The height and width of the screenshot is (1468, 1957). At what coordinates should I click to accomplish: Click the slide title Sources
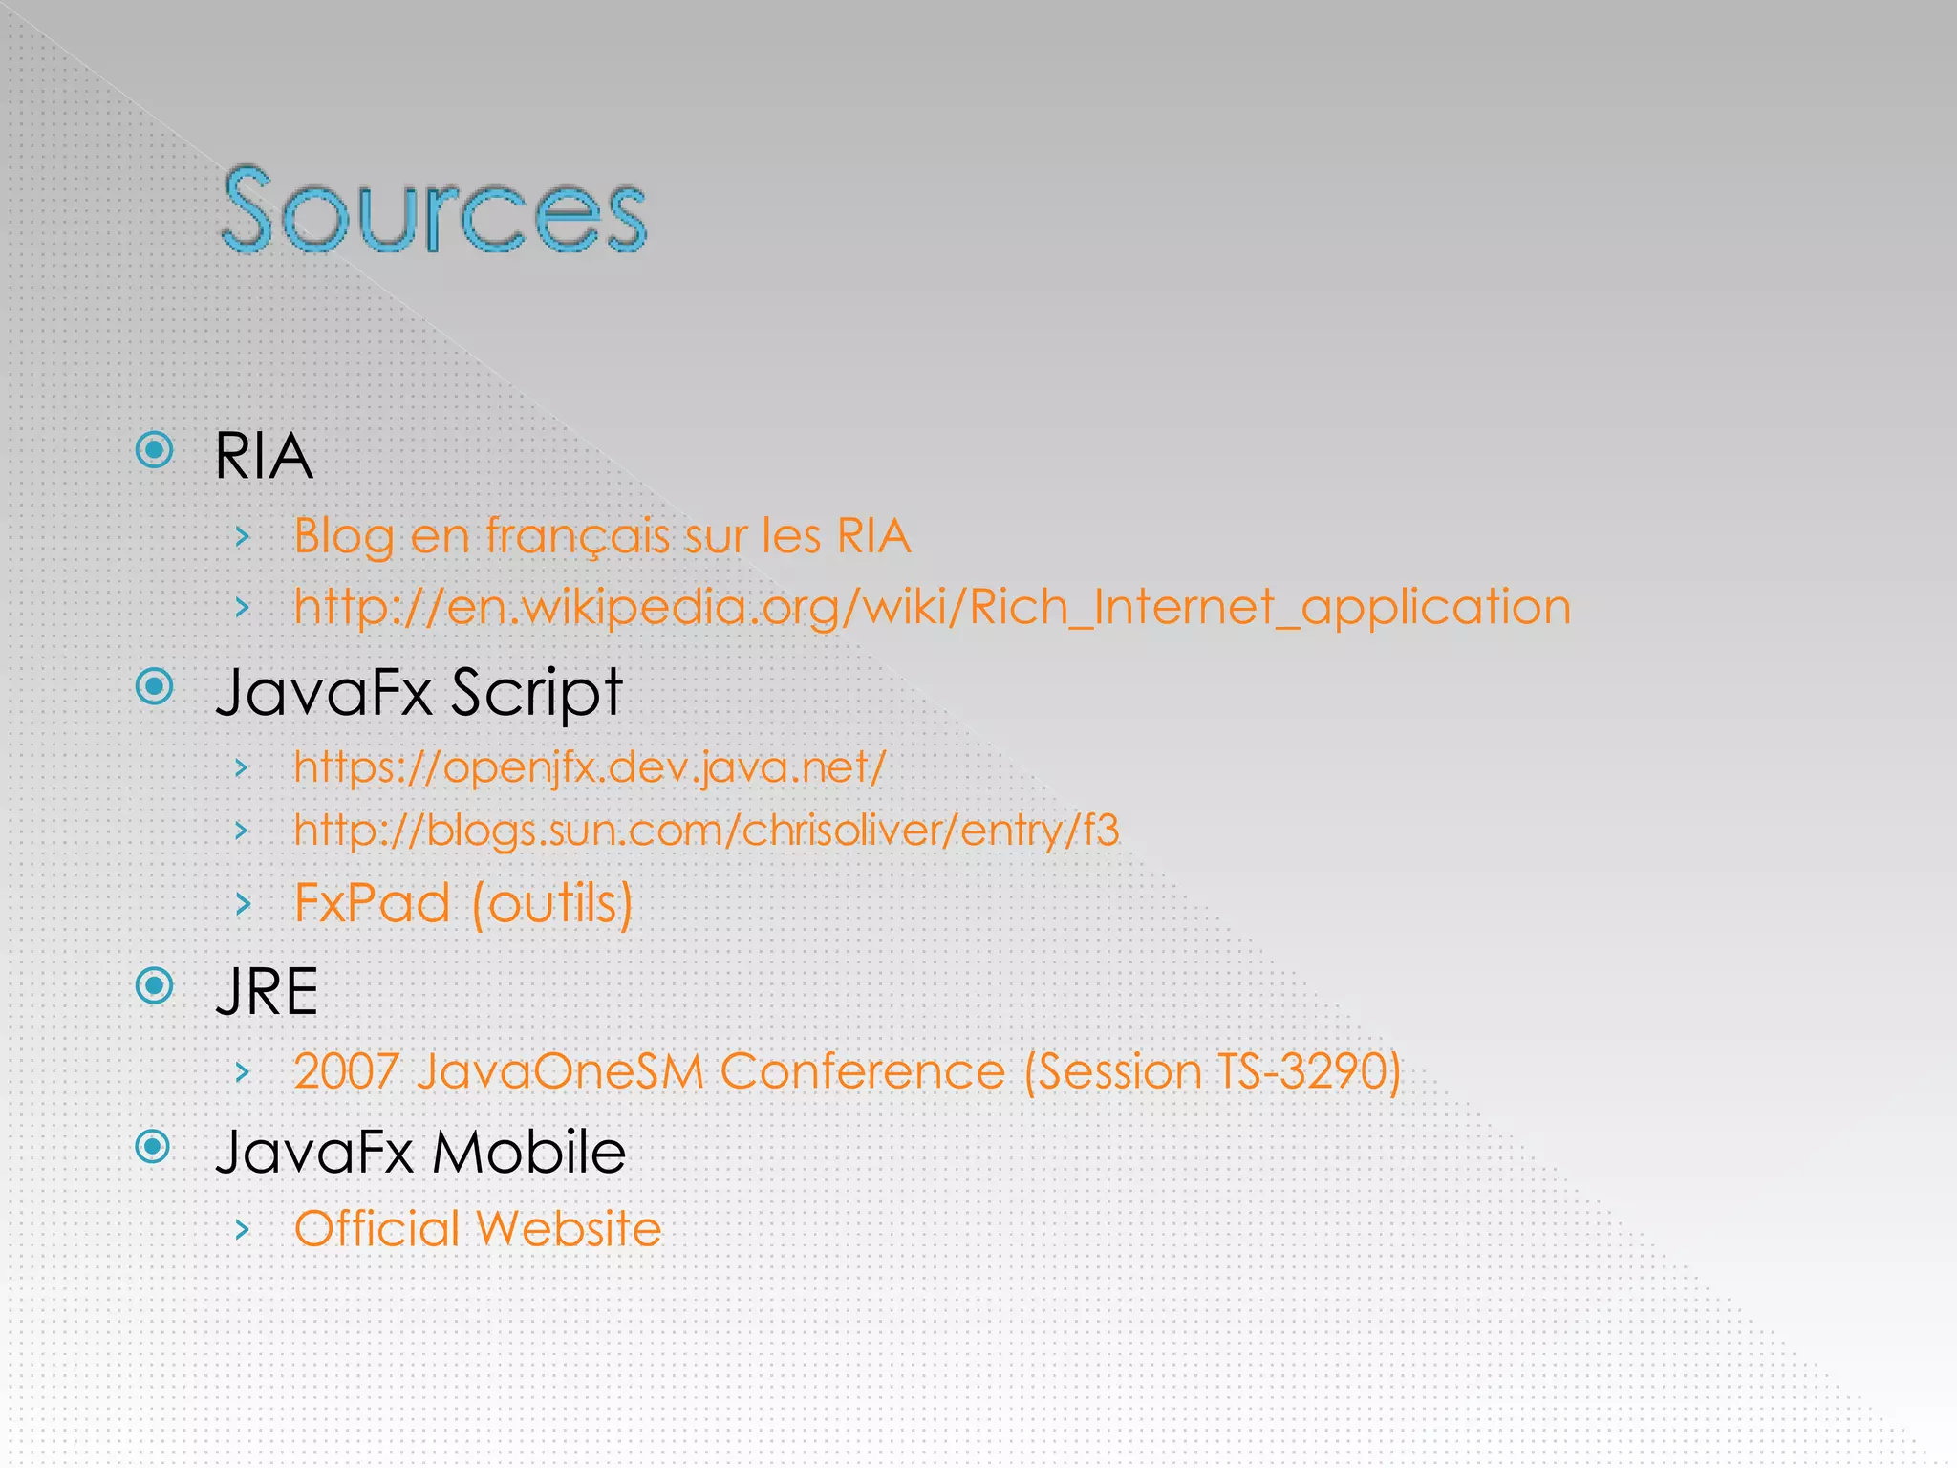(434, 209)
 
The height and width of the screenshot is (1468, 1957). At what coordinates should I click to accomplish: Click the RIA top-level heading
(264, 456)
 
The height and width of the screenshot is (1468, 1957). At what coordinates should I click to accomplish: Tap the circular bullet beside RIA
(155, 450)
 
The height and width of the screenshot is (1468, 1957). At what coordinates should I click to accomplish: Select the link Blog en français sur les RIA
(602, 535)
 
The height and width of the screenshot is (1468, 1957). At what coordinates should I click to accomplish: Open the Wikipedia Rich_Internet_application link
(932, 607)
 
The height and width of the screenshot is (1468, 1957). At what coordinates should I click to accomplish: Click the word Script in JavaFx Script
(536, 692)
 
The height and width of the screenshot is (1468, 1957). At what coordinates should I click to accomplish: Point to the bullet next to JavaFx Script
(155, 686)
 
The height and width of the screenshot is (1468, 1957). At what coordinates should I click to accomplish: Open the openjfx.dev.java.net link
(590, 766)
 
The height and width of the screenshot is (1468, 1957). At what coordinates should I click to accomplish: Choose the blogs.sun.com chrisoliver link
(706, 830)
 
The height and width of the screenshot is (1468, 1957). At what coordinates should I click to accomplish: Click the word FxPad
(372, 903)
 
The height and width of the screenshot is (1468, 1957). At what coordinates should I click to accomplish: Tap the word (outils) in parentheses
(552, 903)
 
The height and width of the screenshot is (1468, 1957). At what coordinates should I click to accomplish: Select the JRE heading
(267, 992)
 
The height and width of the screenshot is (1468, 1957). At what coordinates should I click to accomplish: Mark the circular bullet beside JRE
(155, 985)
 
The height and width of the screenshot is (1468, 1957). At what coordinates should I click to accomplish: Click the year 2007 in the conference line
(346, 1071)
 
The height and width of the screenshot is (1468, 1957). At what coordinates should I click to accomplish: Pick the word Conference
(862, 1071)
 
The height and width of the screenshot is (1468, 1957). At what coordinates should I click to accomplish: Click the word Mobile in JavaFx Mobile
(528, 1152)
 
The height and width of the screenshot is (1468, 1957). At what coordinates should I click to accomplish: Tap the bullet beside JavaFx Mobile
(153, 1146)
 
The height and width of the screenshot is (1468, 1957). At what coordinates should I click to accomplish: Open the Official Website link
(478, 1229)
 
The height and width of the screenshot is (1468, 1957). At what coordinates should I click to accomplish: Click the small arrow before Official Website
(243, 1229)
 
